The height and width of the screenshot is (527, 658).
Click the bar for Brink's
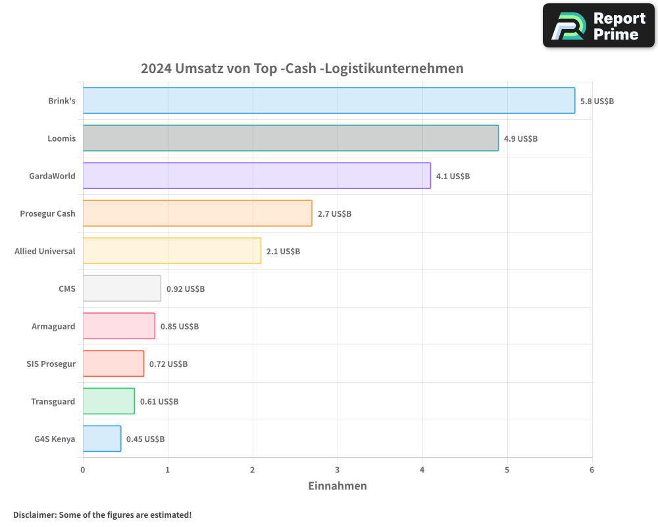[x=329, y=101]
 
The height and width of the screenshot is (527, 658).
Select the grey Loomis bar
[x=290, y=138]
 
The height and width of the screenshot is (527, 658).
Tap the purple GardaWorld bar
[x=257, y=176]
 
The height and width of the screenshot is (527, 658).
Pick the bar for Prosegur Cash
[x=197, y=213]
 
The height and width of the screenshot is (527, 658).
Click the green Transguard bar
[x=109, y=401]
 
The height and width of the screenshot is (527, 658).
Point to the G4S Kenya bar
[x=102, y=439]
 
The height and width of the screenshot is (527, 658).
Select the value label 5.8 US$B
[x=597, y=101]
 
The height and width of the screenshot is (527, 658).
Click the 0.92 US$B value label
[x=185, y=289]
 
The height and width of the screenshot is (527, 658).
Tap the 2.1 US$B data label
[x=283, y=252]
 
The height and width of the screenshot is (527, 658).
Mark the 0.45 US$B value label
[x=145, y=439]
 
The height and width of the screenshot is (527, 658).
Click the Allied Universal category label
[x=45, y=251]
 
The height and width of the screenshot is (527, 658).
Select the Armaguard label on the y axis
[x=53, y=326]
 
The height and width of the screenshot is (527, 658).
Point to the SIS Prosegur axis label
[x=51, y=364]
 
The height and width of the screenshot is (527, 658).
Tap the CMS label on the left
[x=66, y=289]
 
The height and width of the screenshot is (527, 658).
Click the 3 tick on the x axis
[x=338, y=470]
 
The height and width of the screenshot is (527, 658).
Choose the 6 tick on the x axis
[x=592, y=470]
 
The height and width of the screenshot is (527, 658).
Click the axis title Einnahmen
[x=338, y=486]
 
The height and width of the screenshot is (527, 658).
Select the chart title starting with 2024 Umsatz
[x=302, y=69]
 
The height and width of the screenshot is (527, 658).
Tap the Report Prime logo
[x=598, y=26]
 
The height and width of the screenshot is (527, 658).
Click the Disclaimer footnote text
[x=102, y=515]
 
